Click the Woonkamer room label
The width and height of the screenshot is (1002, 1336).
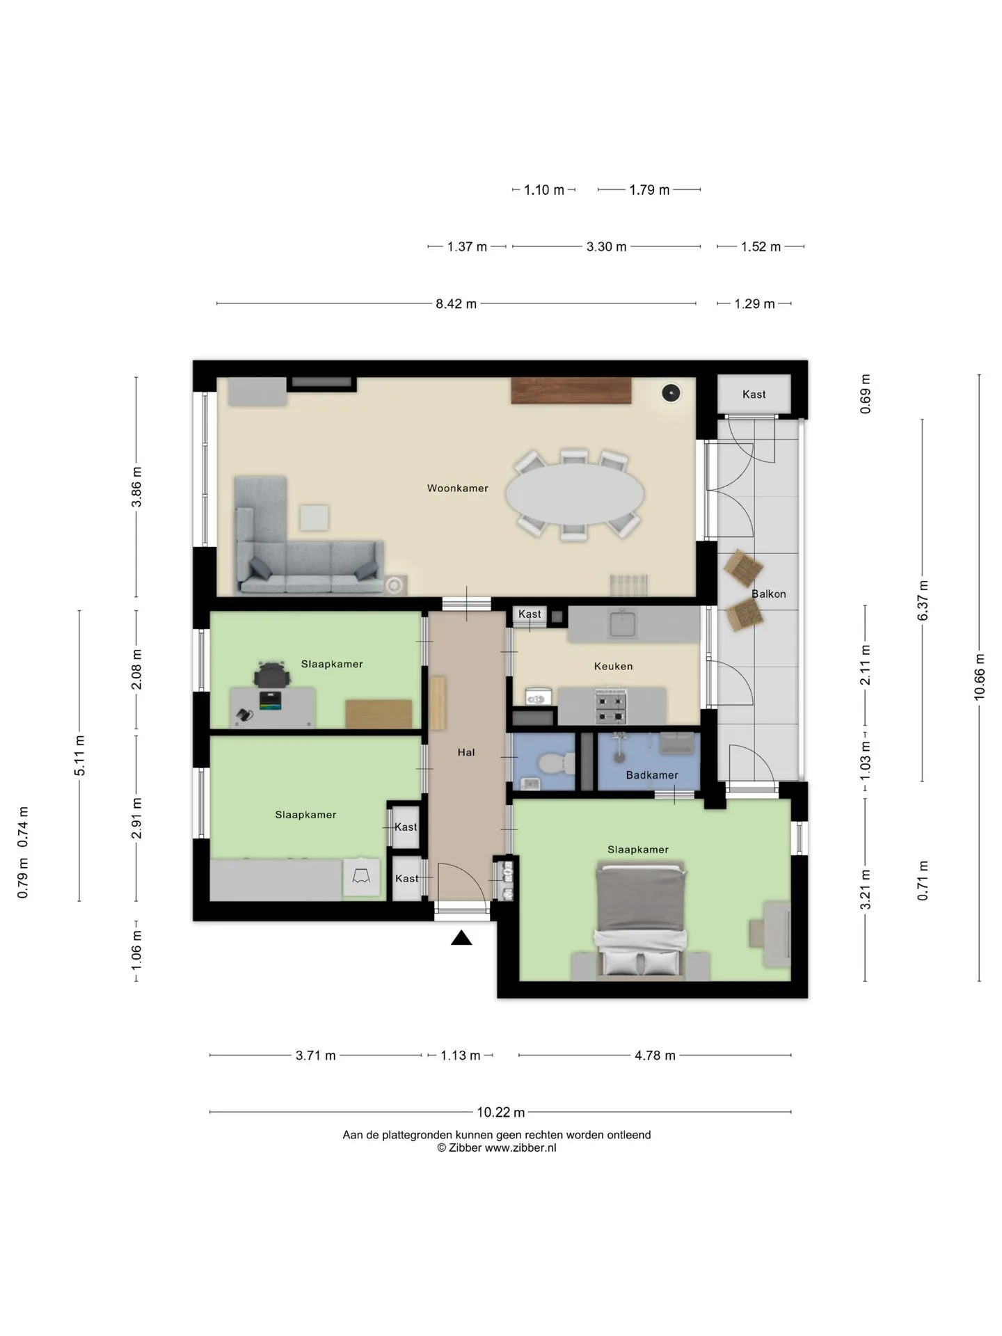[x=457, y=488]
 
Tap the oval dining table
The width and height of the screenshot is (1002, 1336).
[x=574, y=495]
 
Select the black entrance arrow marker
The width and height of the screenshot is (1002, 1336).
[x=461, y=938]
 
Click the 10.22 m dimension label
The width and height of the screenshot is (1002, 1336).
[x=500, y=1113]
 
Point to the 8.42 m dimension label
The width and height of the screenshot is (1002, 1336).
[x=456, y=304]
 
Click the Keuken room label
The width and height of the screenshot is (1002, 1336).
[x=613, y=667]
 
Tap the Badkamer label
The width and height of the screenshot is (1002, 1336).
[x=652, y=775]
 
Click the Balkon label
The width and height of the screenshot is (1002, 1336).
[x=768, y=594]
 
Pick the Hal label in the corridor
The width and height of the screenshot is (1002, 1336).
[x=466, y=752]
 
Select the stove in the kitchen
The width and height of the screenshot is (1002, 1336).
[x=611, y=707]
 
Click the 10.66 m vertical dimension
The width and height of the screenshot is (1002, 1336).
[x=980, y=676]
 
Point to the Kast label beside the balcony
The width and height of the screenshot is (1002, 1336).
[x=754, y=395]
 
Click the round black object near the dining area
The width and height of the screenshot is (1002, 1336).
[x=670, y=394]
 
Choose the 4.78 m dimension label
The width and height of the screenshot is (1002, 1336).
[x=655, y=1056]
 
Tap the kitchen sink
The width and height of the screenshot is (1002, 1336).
[x=623, y=623]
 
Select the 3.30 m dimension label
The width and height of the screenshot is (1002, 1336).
[x=606, y=247]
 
